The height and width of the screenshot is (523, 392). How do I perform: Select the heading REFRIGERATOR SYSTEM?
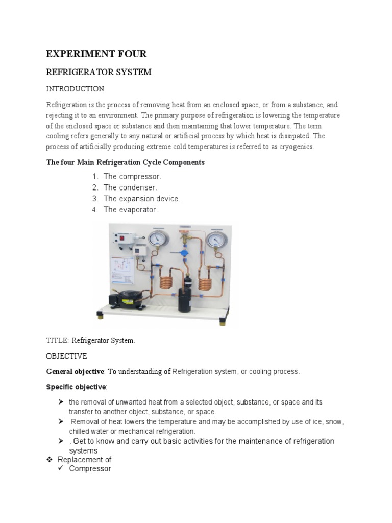point(99,72)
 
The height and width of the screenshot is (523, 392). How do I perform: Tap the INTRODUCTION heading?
point(75,89)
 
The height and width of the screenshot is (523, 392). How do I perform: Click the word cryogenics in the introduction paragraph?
point(295,147)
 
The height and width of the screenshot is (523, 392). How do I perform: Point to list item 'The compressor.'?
point(132,176)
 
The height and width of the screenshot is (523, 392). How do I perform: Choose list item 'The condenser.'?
point(130,187)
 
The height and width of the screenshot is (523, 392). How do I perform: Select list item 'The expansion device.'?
point(142,199)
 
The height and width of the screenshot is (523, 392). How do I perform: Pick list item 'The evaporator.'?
point(131,210)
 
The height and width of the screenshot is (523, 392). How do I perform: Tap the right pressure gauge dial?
point(217,239)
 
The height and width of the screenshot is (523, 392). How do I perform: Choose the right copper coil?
point(206,281)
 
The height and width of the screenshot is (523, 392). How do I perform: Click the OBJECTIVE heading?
point(66,356)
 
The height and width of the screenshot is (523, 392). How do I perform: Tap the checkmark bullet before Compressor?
point(61,468)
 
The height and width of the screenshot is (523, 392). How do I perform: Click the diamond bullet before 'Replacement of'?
point(50,460)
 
